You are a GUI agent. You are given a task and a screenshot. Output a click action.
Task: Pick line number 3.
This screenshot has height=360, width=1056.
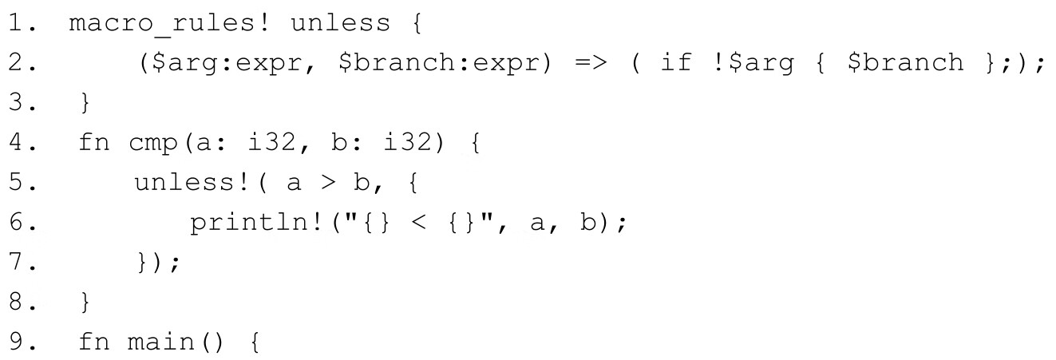point(21,103)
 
